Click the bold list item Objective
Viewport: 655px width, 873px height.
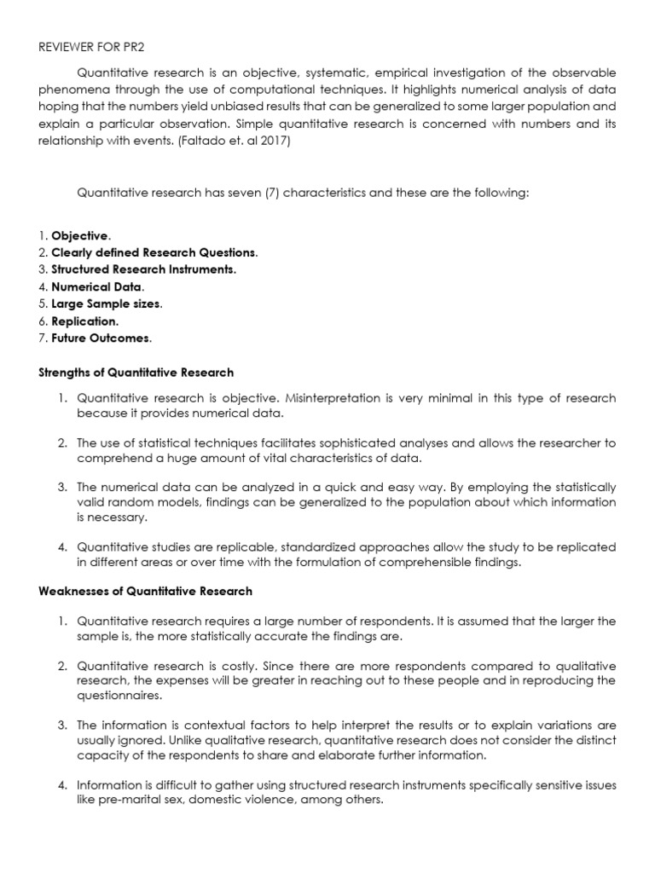point(79,235)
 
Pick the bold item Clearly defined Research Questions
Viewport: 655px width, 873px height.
point(154,252)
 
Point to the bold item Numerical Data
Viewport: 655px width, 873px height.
point(97,286)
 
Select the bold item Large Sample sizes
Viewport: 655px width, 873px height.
point(106,304)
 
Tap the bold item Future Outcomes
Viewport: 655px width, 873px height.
point(101,338)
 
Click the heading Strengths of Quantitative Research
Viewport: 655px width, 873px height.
point(136,373)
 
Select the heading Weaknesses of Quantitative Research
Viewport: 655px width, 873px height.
point(145,591)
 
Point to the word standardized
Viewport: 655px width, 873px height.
point(322,546)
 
